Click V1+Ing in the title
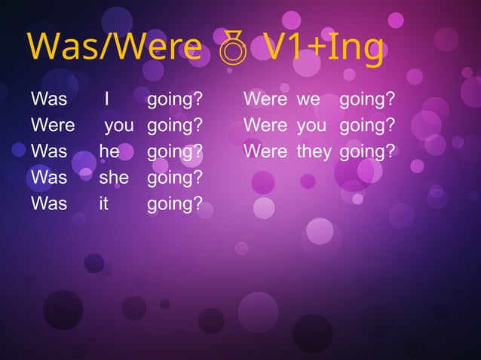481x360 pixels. click(x=324, y=49)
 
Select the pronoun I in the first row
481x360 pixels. click(x=108, y=99)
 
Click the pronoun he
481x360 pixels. click(x=109, y=152)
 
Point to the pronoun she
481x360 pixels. click(x=114, y=178)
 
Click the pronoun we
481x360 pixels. click(x=308, y=99)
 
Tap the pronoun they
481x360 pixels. click(x=314, y=152)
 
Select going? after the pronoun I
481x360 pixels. click(x=175, y=100)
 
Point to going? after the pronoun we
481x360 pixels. click(x=367, y=100)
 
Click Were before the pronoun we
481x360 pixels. click(x=265, y=99)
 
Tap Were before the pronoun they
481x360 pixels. click(x=265, y=152)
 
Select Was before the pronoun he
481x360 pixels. click(x=49, y=152)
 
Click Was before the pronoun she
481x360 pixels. click(x=49, y=178)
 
